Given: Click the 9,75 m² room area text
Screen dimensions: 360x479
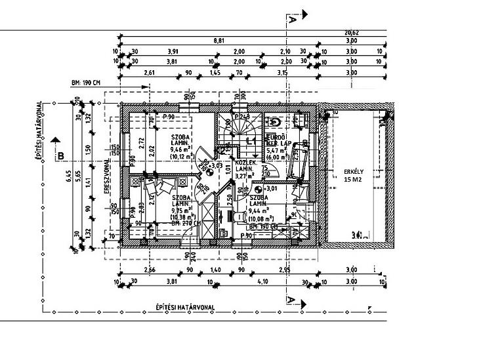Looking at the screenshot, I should pos(182,210).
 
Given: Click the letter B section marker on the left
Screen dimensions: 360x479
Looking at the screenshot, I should pos(60,155).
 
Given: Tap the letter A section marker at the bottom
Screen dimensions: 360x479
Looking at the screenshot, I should pos(290,299).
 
